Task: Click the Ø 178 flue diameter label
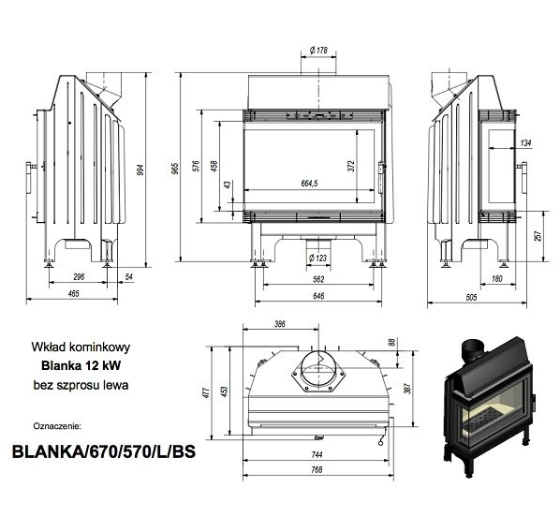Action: [x=318, y=51]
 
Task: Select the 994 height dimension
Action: [x=140, y=170]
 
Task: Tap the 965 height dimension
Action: [x=175, y=168]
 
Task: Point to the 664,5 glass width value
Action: [x=309, y=184]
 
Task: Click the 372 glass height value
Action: [x=351, y=166]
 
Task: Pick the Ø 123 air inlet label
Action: [x=317, y=258]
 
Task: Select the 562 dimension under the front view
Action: [x=318, y=279]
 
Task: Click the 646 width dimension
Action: [x=318, y=296]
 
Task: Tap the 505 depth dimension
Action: [x=471, y=297]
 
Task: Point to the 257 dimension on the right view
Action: [x=538, y=236]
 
